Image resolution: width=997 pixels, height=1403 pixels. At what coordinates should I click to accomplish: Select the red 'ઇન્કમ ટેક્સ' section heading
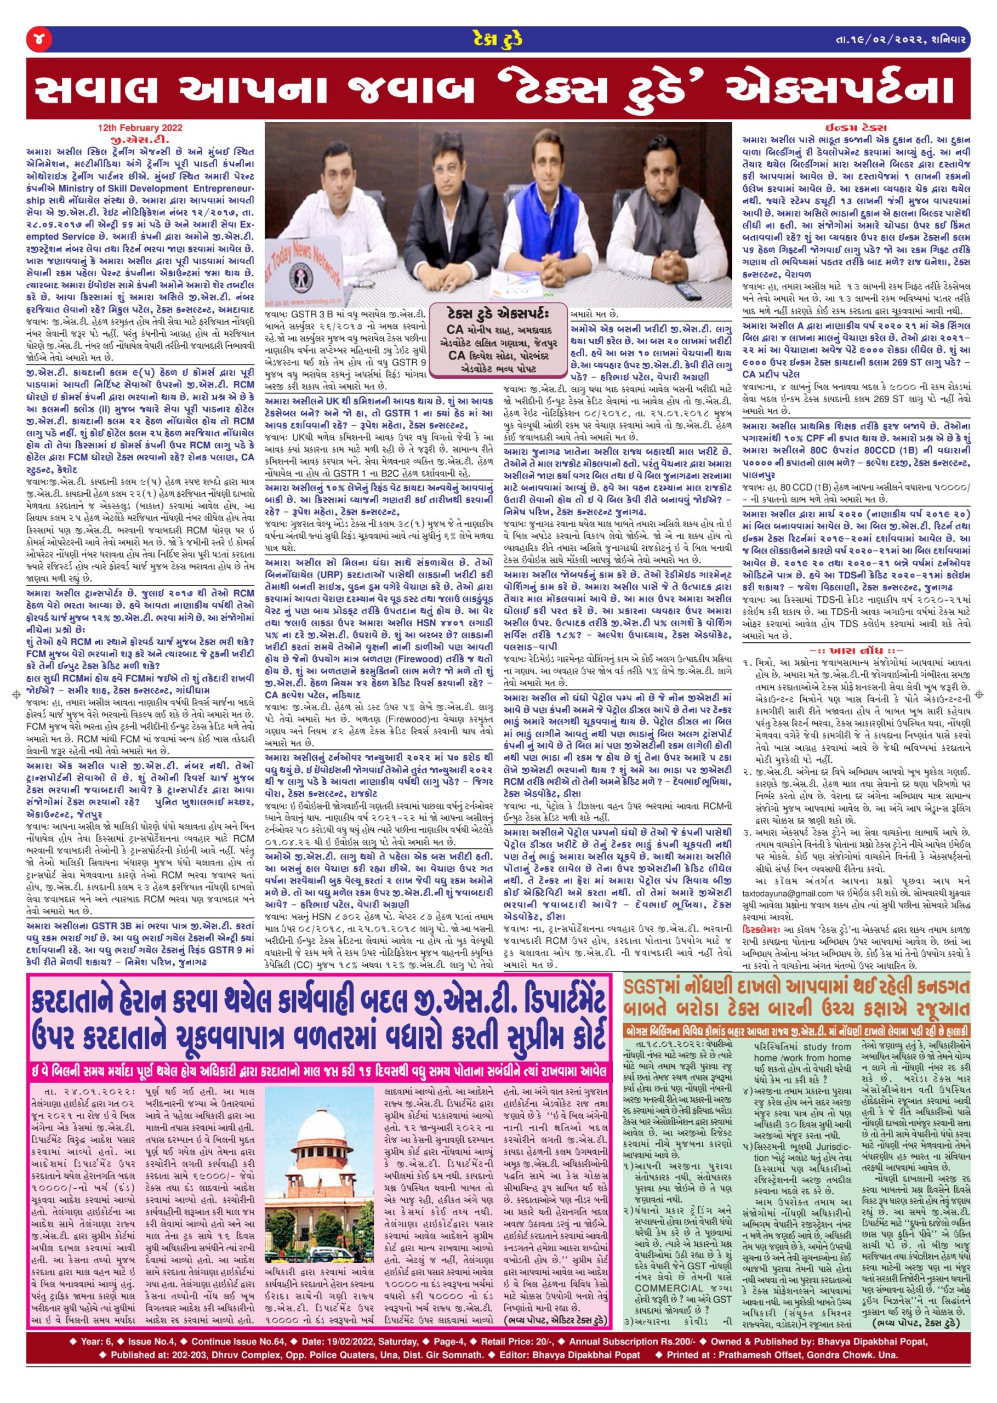click(857, 128)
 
